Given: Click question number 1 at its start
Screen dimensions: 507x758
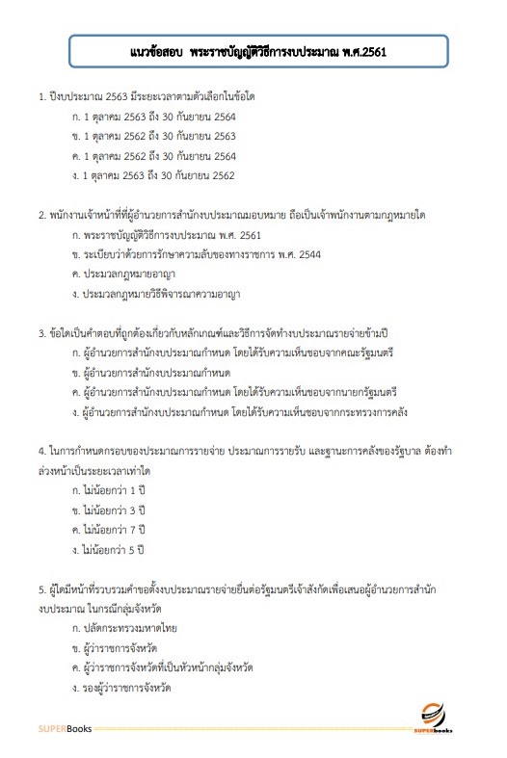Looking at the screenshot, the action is (x=41, y=98).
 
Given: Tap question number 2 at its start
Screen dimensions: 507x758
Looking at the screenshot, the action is (x=41, y=215).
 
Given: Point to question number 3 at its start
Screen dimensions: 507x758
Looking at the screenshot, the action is (x=41, y=333).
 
